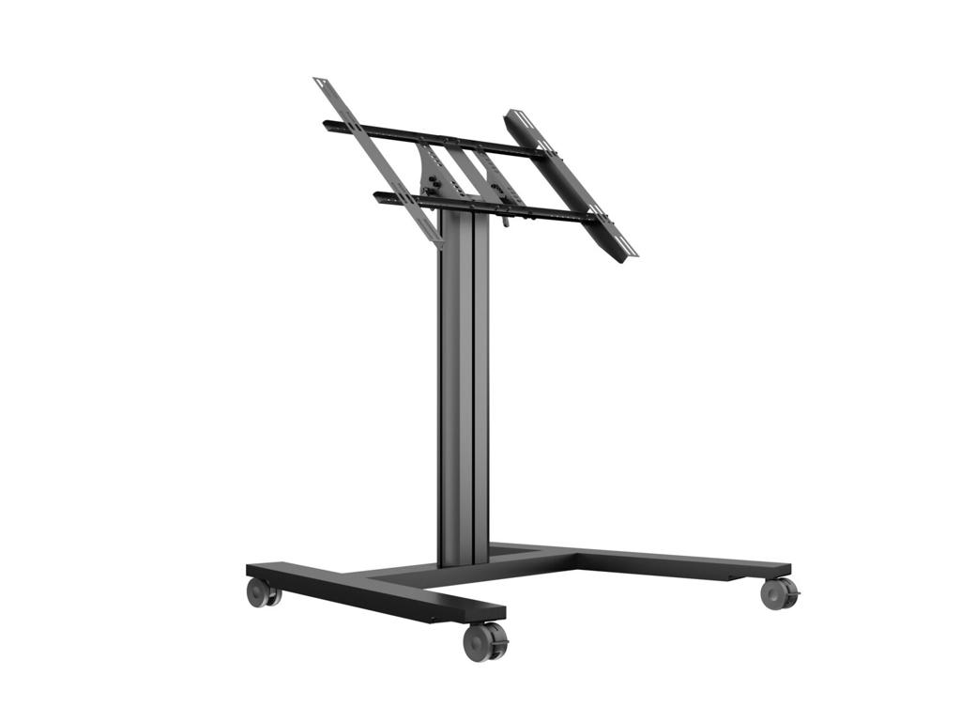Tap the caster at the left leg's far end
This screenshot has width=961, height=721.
coord(261,592)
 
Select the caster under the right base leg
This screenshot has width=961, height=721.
coord(778,593)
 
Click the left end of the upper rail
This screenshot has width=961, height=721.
coord(328,123)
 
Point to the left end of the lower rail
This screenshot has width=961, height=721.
coord(378,196)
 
